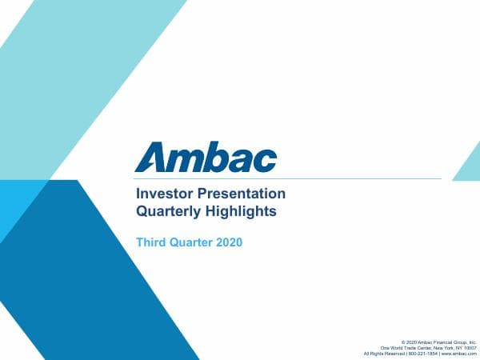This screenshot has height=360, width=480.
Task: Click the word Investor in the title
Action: (x=163, y=194)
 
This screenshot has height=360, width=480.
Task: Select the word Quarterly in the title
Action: (x=168, y=212)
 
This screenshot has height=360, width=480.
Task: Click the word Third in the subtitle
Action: (x=153, y=242)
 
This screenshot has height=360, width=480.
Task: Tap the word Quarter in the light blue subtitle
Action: (x=193, y=242)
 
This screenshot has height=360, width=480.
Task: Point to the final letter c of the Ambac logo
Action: (x=266, y=158)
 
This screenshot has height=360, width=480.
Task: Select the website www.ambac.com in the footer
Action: (x=458, y=354)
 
